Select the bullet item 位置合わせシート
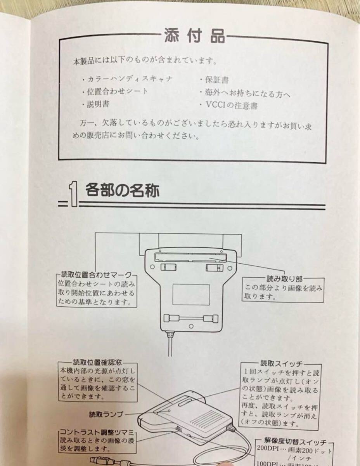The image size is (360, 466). (117, 92)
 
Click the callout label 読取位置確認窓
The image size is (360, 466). (97, 362)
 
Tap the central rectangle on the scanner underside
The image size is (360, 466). (191, 294)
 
